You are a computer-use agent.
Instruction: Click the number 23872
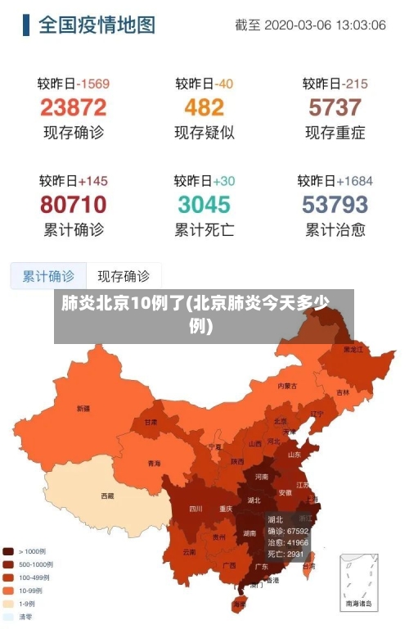coord(74,107)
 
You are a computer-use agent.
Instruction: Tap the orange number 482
coord(204,107)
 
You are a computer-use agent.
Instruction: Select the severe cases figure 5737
coord(335,107)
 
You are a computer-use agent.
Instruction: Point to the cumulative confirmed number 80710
coord(74,203)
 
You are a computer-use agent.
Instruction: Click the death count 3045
coord(204,203)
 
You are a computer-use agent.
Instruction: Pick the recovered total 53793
coord(335,203)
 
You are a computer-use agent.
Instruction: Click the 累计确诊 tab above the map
coord(48,276)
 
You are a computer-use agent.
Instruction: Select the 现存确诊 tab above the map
coord(124,276)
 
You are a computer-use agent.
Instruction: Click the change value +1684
coord(353,180)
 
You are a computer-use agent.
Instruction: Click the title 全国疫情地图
coord(97,25)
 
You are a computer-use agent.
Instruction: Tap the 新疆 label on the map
coord(83,408)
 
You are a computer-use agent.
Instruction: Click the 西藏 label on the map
coord(107,496)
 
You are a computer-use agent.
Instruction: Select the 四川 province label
coord(196,508)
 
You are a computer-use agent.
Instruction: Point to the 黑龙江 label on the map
coord(353,350)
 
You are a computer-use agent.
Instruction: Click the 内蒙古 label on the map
coord(287,385)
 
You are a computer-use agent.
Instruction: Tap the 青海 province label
coord(155,464)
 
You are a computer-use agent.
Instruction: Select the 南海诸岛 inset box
coord(359,582)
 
